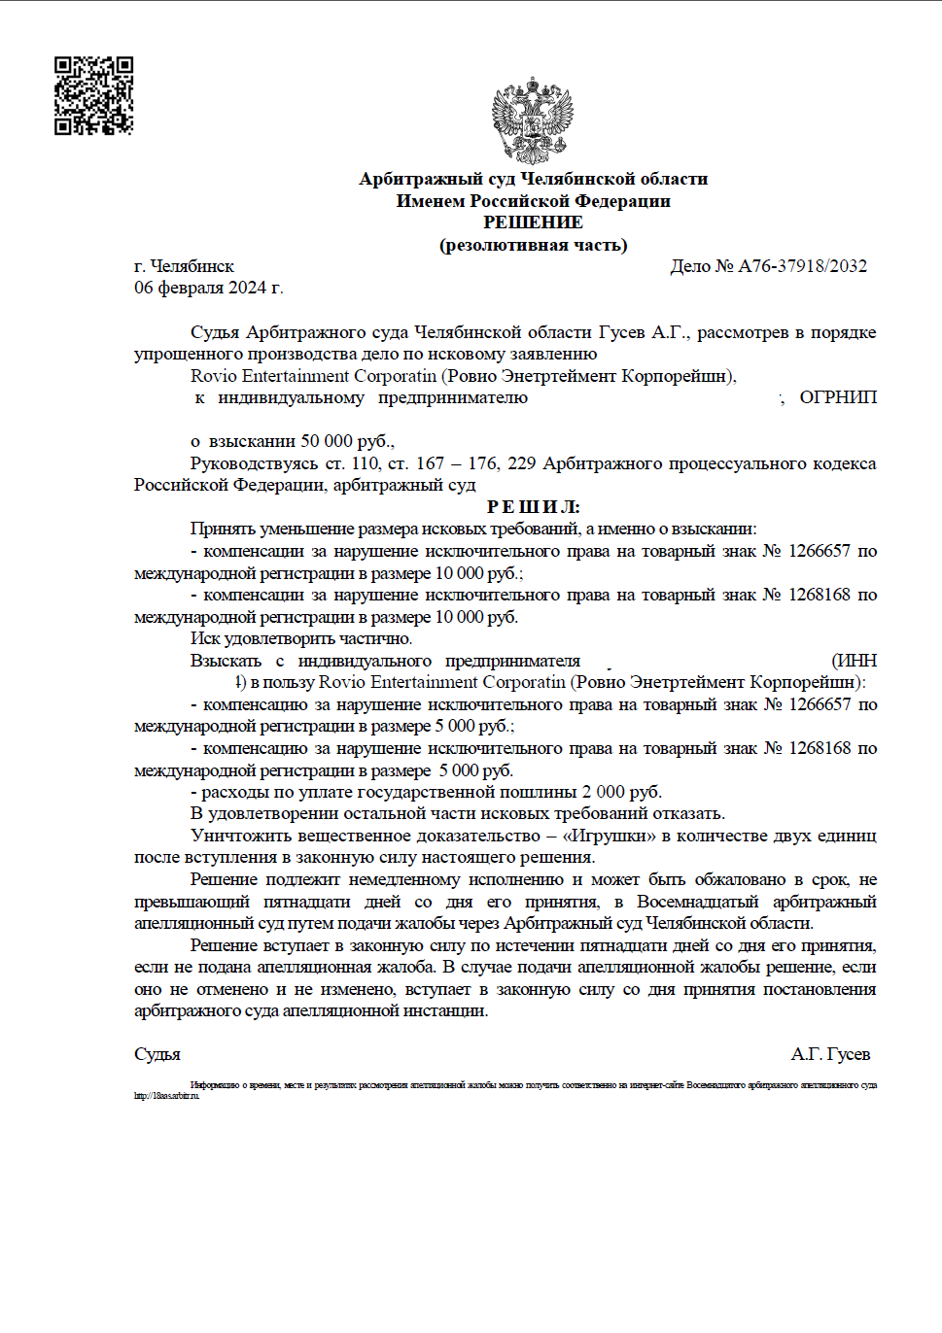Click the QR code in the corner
pos(93,95)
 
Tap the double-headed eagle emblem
pos(533,120)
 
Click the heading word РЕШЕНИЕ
pos(533,222)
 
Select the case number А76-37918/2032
pos(802,266)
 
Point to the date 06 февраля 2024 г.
pos(209,288)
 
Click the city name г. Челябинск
pos(185,266)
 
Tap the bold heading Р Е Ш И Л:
pos(533,506)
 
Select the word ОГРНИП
pos(838,397)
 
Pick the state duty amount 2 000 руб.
pos(621,792)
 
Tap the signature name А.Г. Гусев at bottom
pos(830,1054)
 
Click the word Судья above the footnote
pos(157,1054)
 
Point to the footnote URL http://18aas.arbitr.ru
pos(166,1096)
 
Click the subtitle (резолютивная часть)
pos(533,245)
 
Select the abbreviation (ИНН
pos(855,661)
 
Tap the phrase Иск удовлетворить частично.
pos(301,638)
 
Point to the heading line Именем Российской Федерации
pos(533,201)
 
